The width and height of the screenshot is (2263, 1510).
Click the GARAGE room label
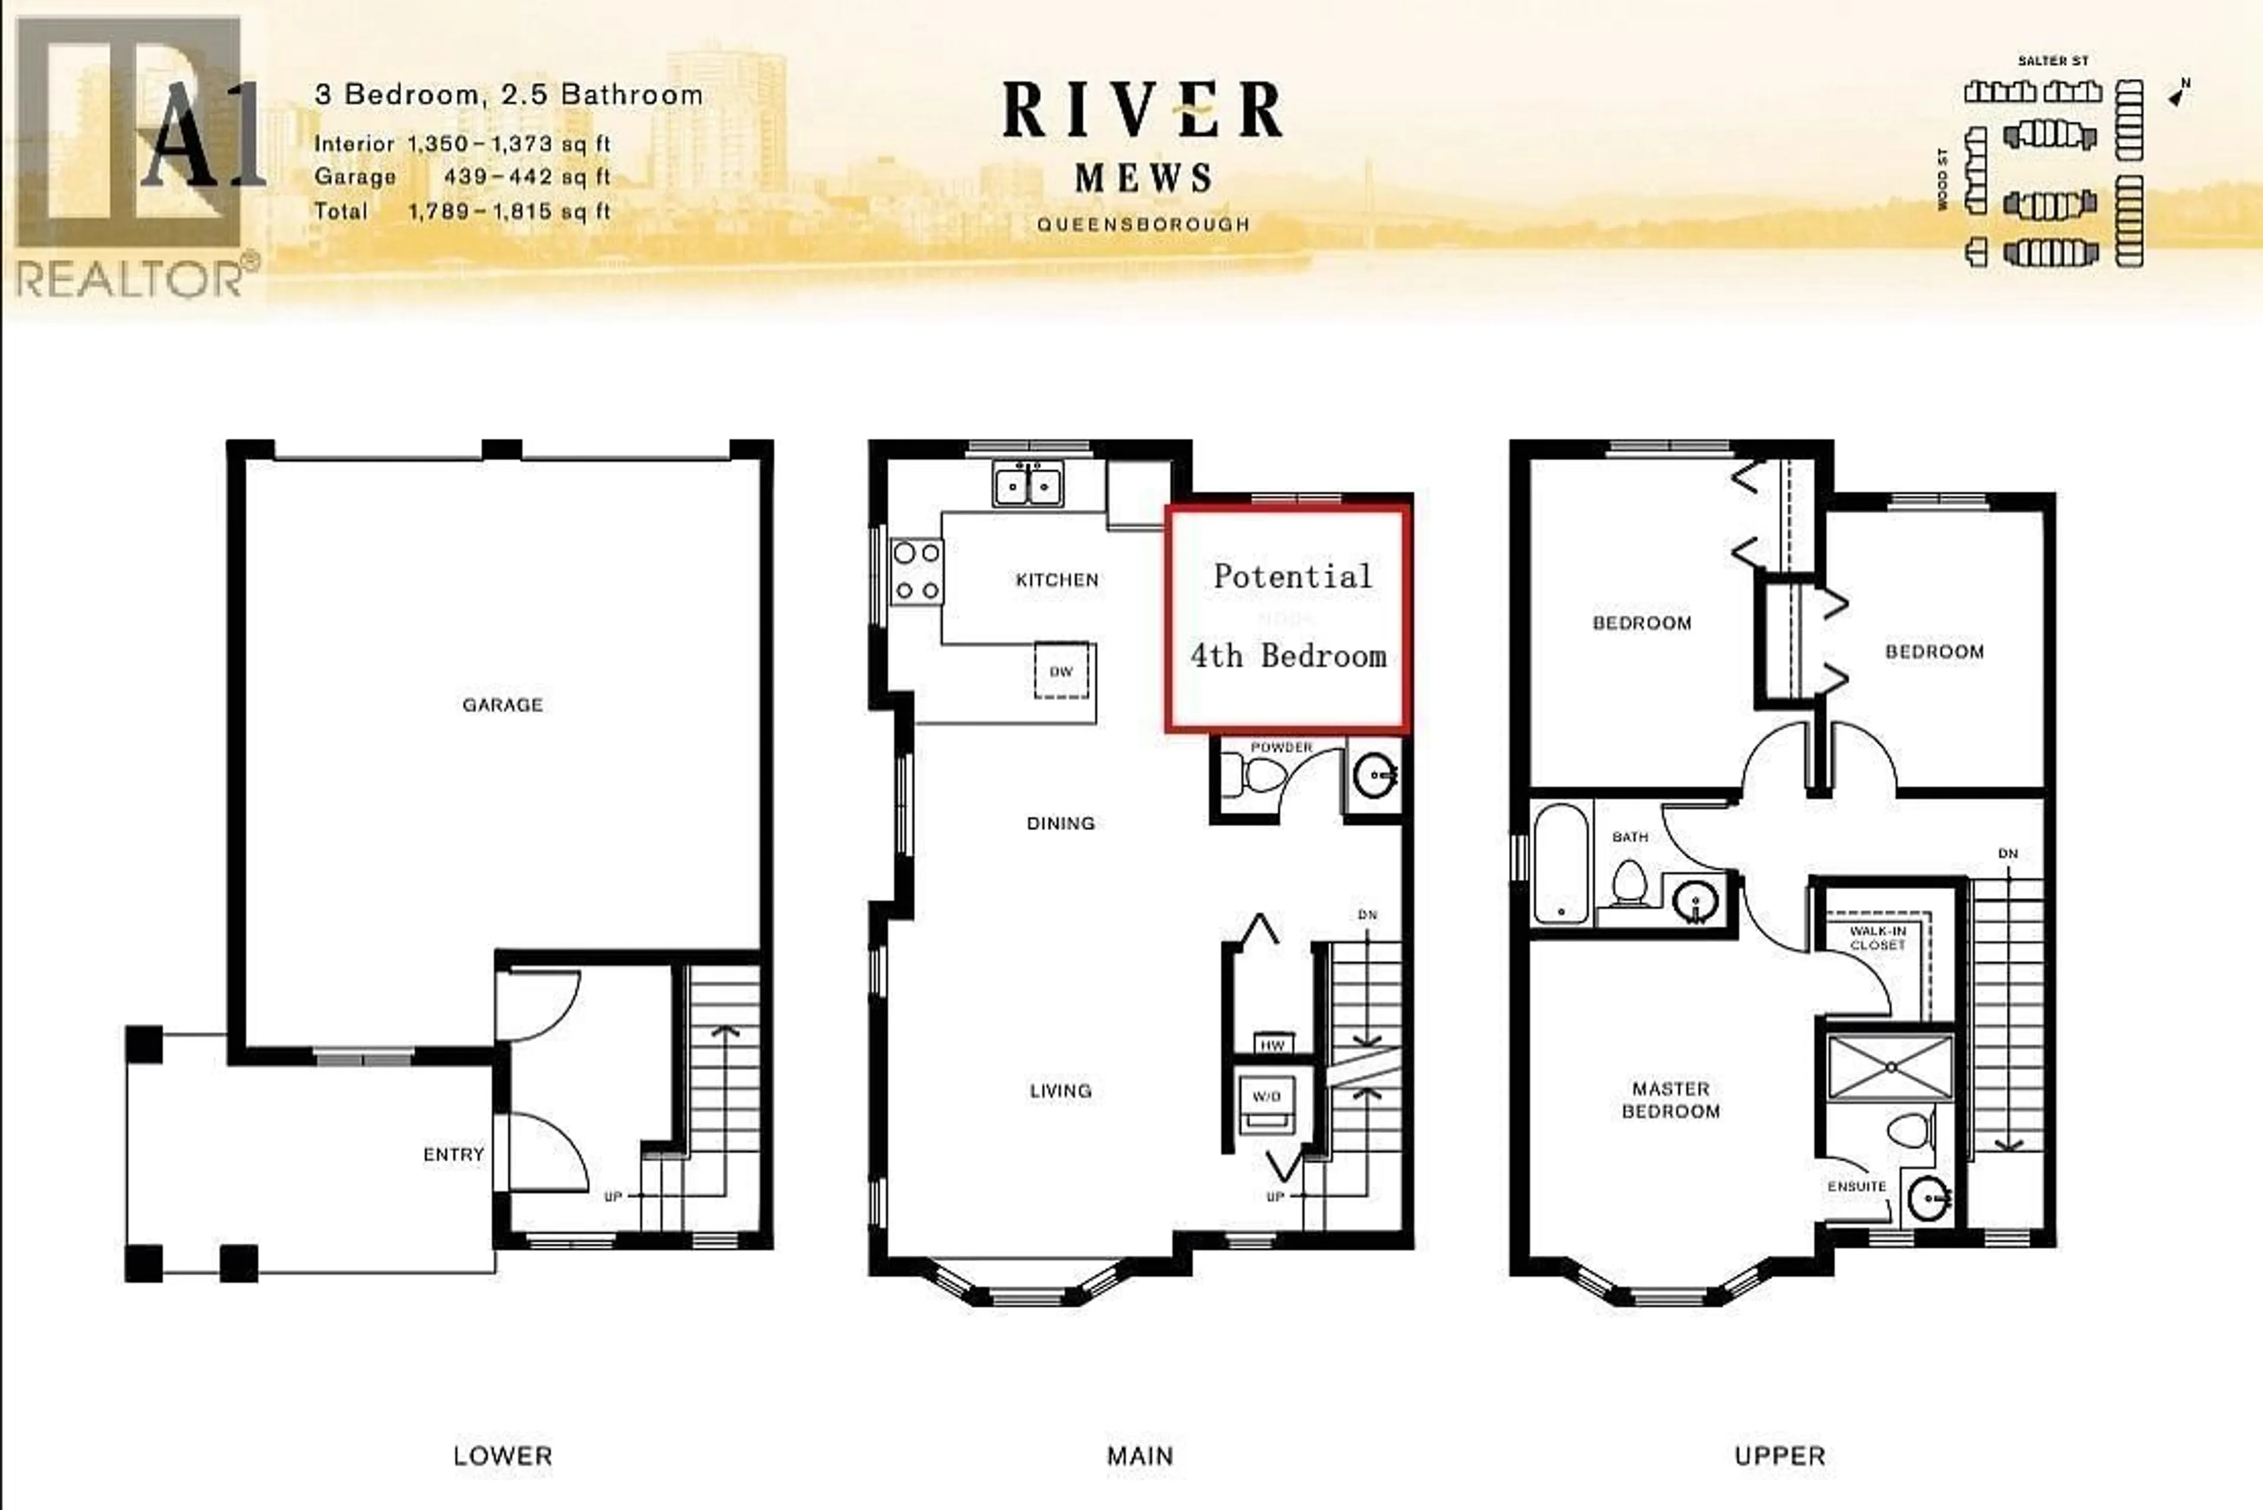[x=503, y=705]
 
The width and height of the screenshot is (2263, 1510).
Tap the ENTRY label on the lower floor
[x=453, y=1154]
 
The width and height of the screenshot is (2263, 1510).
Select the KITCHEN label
[x=1057, y=580]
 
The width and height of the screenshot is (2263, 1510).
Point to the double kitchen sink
[x=1028, y=485]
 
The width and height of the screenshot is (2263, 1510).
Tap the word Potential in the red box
[x=1292, y=576]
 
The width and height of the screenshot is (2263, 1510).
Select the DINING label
[x=1061, y=823]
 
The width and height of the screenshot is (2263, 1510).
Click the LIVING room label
[x=1061, y=1090]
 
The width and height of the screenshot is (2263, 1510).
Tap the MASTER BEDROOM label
[x=1671, y=1100]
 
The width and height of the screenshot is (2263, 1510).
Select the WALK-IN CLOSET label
[x=1878, y=938]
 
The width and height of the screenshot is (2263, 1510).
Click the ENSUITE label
[x=1857, y=1186]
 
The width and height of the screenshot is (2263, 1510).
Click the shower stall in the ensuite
[x=1891, y=1067]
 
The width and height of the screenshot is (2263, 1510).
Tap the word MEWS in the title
[x=1143, y=178]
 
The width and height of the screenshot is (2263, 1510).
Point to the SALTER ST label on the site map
[x=2053, y=61]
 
